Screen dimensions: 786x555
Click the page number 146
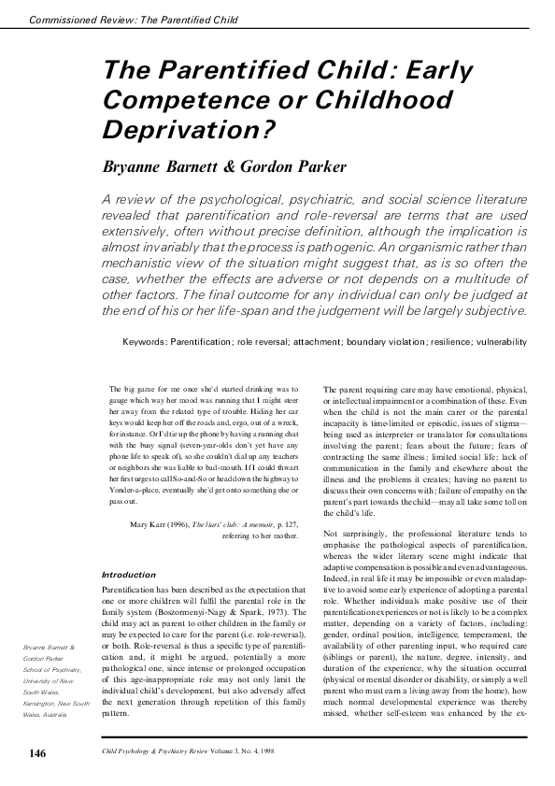click(37, 753)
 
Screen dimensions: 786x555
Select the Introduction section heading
click(127, 574)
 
